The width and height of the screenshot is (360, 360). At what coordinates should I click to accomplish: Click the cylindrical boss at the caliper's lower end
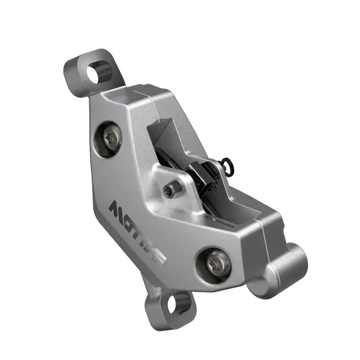pos(288,263)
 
